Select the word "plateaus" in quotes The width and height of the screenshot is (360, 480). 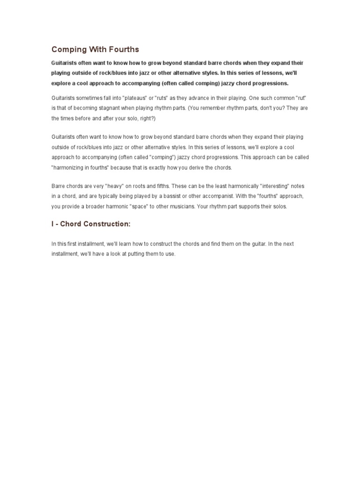tap(135, 97)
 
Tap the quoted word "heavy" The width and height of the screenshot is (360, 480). tap(120, 186)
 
